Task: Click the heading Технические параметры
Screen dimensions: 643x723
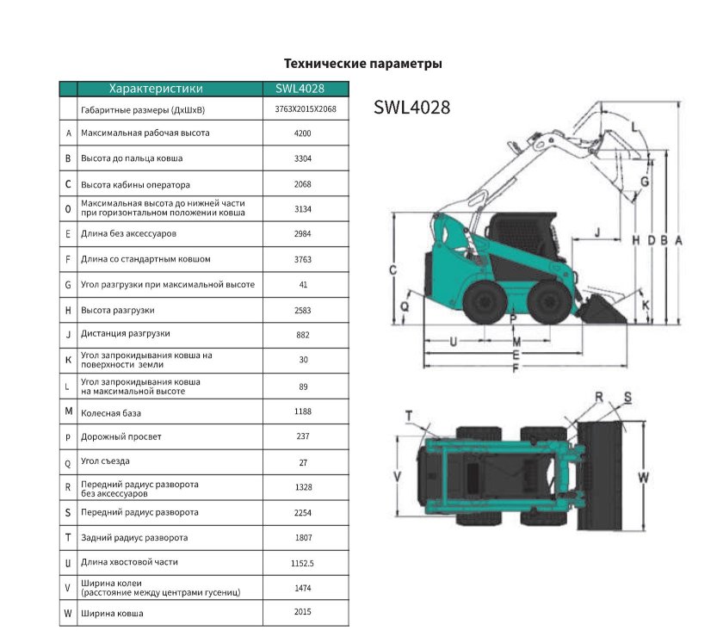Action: [362, 64]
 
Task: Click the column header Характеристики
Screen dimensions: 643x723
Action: [156, 88]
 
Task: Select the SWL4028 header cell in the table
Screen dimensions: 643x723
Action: [306, 88]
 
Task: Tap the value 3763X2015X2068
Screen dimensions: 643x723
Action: [306, 109]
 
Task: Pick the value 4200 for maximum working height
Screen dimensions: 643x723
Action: [302, 134]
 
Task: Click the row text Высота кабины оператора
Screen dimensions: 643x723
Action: [135, 184]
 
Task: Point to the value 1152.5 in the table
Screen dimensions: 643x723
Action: [302, 562]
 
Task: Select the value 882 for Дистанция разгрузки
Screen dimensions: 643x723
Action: [302, 335]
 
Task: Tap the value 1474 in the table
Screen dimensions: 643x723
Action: [302, 588]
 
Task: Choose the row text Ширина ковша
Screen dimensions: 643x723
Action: [112, 613]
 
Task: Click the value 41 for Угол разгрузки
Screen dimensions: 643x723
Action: [302, 285]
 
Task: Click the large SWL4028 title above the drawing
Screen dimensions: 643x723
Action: [412, 108]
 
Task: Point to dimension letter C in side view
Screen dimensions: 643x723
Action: [392, 270]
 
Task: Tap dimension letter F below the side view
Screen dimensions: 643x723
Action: [516, 368]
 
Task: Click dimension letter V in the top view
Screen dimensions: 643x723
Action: [397, 475]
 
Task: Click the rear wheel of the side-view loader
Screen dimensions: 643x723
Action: [484, 302]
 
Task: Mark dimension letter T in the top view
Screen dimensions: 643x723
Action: [409, 415]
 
